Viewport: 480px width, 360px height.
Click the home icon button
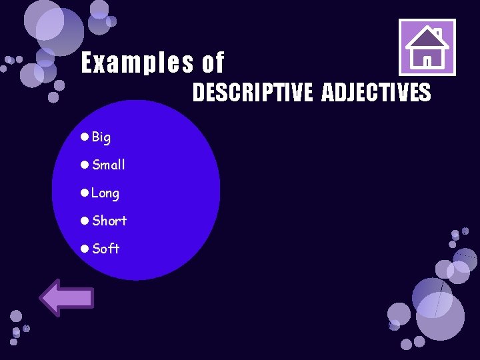[427, 47]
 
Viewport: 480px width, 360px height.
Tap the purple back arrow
[67, 297]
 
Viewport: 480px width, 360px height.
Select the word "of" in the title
[213, 63]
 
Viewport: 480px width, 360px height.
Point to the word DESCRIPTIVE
[252, 93]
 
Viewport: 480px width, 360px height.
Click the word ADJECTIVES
[376, 93]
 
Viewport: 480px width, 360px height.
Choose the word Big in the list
[101, 137]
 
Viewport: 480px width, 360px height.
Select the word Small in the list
[109, 165]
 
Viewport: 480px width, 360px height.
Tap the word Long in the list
[105, 193]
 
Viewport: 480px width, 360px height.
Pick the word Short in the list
[109, 221]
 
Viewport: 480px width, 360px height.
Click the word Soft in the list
[106, 249]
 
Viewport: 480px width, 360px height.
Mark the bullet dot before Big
[84, 137]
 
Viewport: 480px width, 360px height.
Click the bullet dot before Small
[84, 165]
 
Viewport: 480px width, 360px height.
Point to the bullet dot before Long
[84, 193]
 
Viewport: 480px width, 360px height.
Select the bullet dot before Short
[84, 221]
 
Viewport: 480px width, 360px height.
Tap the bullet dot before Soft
[84, 249]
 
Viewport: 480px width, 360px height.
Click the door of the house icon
[427, 61]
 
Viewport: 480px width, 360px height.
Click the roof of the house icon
[427, 39]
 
